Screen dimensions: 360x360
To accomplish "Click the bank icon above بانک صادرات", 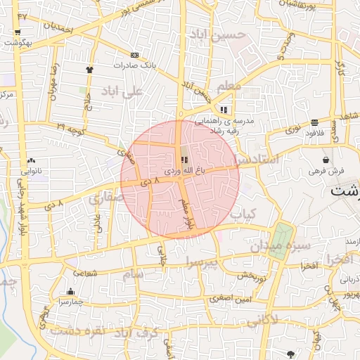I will click(134, 55).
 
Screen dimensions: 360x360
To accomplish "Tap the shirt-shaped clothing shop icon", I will click(90, 70).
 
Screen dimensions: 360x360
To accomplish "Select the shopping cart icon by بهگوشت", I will click(16, 32).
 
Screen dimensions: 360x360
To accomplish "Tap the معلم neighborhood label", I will click(229, 86).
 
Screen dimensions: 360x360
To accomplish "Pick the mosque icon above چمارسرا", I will click(70, 292).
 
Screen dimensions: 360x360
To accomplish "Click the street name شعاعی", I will click(86, 272).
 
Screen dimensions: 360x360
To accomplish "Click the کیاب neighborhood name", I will click(243, 213).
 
